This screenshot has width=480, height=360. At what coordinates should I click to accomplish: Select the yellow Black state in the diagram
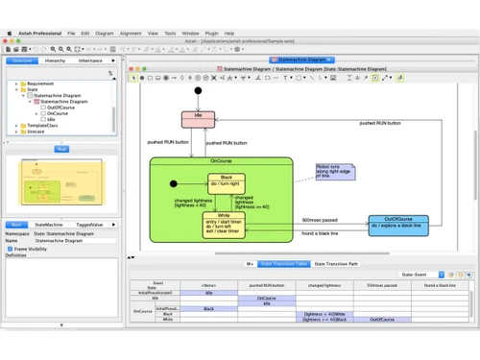tap(227, 182)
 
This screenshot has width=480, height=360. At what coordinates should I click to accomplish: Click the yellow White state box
tap(223, 225)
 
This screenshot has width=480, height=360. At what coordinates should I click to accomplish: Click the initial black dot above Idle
tap(198, 91)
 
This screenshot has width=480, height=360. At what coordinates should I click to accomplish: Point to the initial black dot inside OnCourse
tap(173, 182)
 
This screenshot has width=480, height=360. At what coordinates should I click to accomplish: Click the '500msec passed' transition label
tap(317, 220)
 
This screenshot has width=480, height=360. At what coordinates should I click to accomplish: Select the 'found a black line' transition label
tap(322, 234)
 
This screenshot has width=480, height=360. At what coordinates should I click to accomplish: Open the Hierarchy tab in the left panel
tap(56, 60)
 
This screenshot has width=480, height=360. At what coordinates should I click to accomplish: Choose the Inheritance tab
tap(91, 60)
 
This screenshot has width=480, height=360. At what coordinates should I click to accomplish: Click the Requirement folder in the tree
tap(39, 84)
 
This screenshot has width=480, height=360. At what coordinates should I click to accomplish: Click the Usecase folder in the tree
tap(36, 132)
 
